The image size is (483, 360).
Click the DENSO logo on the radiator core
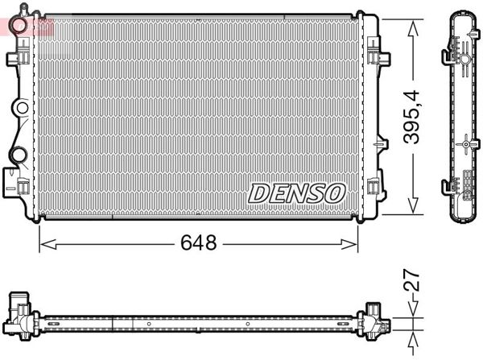[296, 192]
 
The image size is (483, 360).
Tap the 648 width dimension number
[199, 242]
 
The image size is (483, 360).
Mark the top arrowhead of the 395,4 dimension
[413, 27]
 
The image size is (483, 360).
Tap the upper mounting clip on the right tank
[375, 56]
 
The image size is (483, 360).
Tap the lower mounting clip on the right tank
[374, 189]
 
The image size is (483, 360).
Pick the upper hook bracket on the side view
[448, 56]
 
